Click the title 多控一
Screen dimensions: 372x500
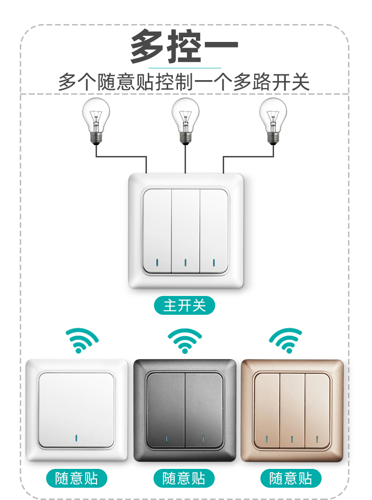pyautogui.click(x=184, y=46)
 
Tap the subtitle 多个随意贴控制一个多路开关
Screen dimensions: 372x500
pyautogui.click(x=184, y=82)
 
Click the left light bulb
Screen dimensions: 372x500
pyautogui.click(x=96, y=122)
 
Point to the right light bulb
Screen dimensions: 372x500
pyautogui.click(x=273, y=122)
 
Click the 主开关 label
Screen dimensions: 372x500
pyautogui.click(x=185, y=305)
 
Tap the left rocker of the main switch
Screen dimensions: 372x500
pyautogui.click(x=157, y=231)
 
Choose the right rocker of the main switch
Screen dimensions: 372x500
pyautogui.click(x=214, y=231)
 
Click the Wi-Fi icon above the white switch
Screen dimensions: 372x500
pyautogui.click(x=82, y=340)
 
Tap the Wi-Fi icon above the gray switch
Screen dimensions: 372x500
pyautogui.click(x=185, y=341)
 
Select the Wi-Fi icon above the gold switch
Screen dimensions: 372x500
pyautogui.click(x=285, y=340)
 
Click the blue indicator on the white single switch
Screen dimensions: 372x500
pyautogui.click(x=76, y=438)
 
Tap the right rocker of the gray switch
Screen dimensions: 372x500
pyautogui.click(x=204, y=410)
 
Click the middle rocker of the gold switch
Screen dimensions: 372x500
pyautogui.click(x=292, y=411)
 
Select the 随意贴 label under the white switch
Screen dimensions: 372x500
pyautogui.click(x=76, y=478)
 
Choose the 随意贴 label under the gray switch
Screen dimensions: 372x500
pyautogui.click(x=184, y=478)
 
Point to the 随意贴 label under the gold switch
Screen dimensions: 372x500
pyautogui.click(x=291, y=478)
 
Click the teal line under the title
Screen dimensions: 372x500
pyautogui.click(x=185, y=68)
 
